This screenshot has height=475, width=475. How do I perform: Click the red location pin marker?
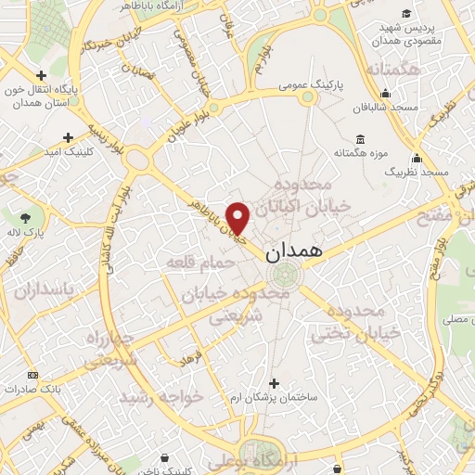[x=238, y=218]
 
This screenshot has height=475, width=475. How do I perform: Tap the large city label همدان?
[x=294, y=251]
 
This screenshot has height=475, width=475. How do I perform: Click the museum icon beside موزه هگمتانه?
[x=360, y=140]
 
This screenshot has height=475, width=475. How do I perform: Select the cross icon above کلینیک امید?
[x=68, y=137]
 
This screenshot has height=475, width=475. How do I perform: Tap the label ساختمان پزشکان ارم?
[x=274, y=396]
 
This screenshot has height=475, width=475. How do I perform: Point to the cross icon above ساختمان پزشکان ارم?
[x=273, y=382]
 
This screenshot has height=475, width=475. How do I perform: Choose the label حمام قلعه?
[x=197, y=263]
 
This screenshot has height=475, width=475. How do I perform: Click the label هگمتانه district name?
[x=393, y=70]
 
